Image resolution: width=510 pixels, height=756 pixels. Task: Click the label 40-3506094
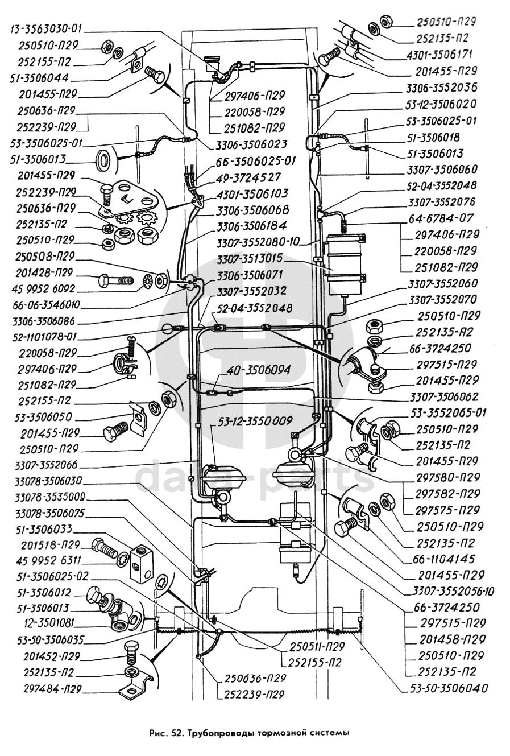point(257,370)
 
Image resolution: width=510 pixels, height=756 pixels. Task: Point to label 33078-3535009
point(49,495)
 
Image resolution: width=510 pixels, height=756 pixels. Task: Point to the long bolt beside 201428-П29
point(116,280)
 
